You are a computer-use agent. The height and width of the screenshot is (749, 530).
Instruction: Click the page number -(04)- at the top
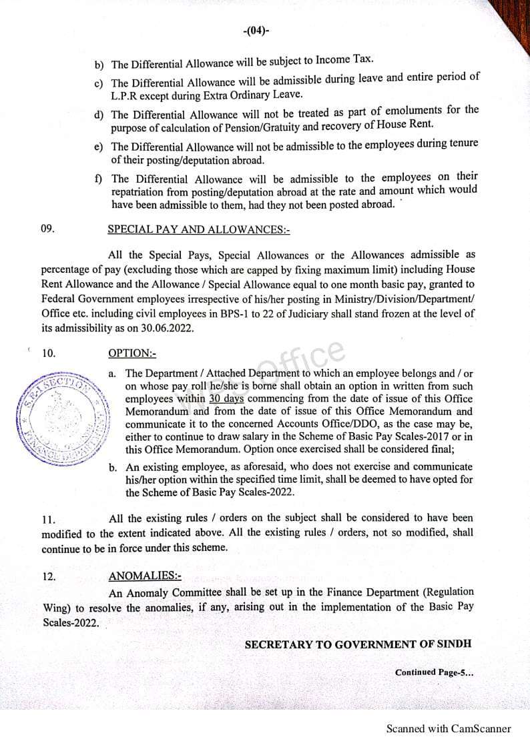click(256, 31)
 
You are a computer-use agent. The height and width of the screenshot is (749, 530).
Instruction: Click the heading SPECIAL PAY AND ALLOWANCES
click(198, 229)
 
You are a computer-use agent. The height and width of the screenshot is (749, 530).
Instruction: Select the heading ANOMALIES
click(144, 576)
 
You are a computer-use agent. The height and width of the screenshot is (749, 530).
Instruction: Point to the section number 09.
click(47, 229)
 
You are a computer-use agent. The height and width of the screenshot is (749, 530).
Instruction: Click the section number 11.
click(49, 520)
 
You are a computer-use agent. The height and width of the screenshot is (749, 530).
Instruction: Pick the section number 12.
click(49, 577)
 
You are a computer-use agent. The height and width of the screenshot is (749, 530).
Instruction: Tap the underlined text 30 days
click(226, 398)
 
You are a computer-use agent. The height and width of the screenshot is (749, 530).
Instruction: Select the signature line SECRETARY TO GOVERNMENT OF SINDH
click(358, 644)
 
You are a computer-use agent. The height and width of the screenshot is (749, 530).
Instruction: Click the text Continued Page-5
click(434, 672)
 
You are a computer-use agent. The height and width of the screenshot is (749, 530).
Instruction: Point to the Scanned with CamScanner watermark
click(449, 728)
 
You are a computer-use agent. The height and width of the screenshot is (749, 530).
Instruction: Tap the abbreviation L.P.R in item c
click(125, 95)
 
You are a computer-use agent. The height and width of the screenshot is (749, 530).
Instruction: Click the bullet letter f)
click(98, 179)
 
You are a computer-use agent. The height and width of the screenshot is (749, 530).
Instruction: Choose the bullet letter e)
click(98, 146)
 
